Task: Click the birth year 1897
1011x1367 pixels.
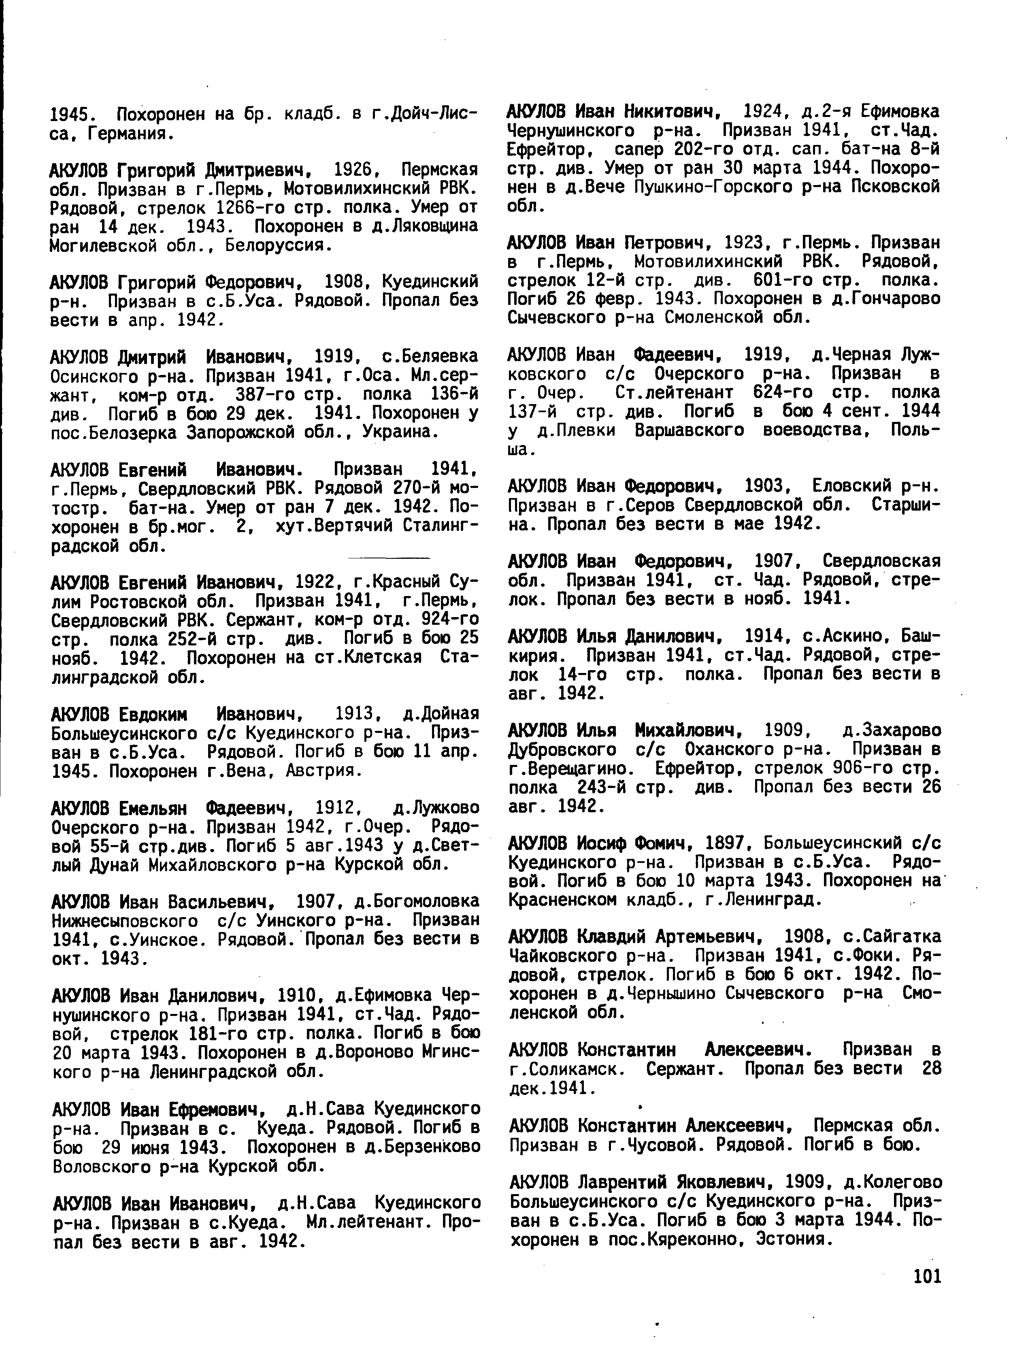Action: (726, 843)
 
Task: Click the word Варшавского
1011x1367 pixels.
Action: (689, 431)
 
